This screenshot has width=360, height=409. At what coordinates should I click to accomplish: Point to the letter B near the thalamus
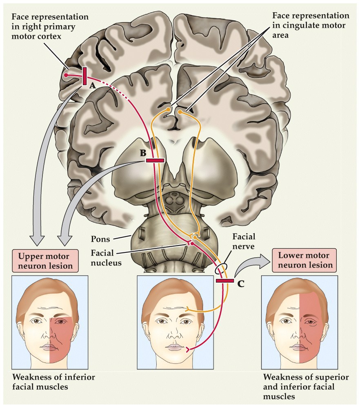(x=143, y=153)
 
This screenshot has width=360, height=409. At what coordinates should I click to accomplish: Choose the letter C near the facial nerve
(x=241, y=283)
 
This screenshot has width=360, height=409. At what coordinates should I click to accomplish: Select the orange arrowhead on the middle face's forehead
(x=187, y=309)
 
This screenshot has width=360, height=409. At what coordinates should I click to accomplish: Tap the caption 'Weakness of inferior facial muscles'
(x=53, y=381)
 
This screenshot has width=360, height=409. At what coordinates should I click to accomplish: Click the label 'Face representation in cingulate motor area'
(x=311, y=25)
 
